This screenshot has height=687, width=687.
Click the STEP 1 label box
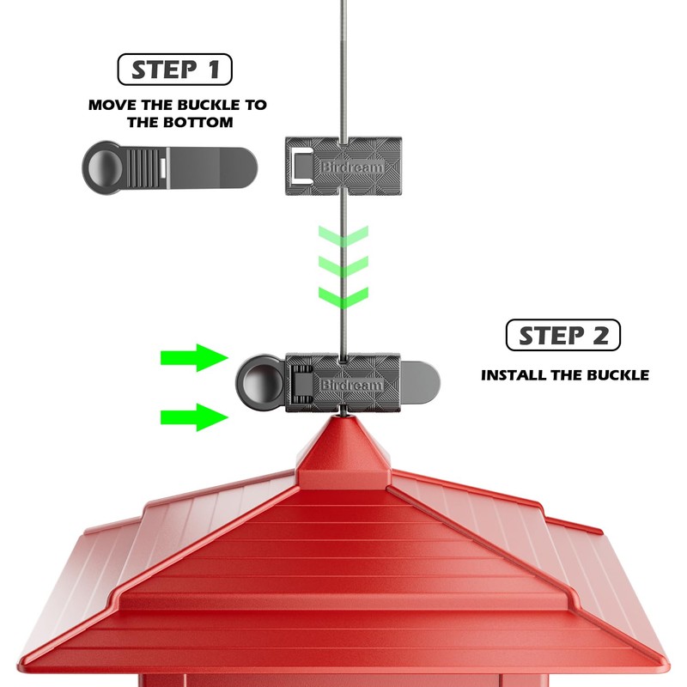[x=174, y=70]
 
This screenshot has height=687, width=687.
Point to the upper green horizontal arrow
[x=192, y=357]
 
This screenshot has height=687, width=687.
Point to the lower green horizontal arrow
[x=192, y=418]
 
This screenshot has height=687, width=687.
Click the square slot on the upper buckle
[x=301, y=164]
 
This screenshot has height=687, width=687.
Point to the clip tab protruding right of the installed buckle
[x=421, y=379]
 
